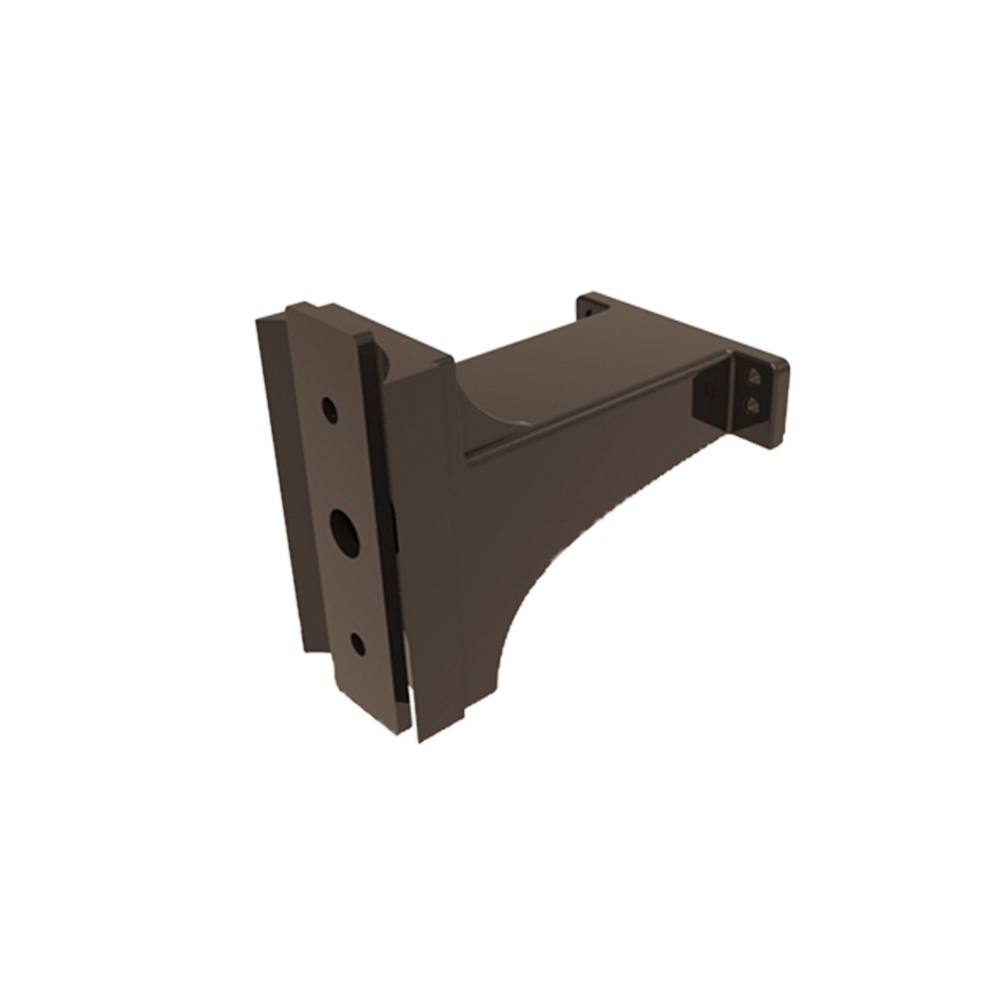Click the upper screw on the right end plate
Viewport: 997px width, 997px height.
(754, 376)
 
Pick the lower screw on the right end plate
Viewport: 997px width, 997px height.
(754, 402)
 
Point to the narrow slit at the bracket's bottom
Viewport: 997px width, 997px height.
(411, 712)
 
